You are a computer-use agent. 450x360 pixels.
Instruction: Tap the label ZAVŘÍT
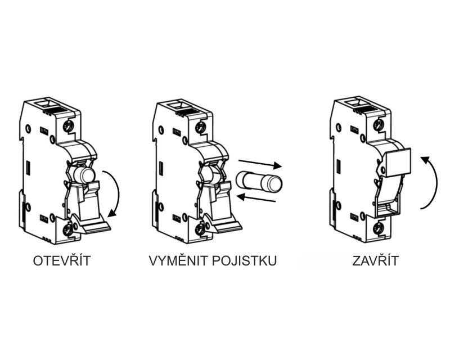coord(375,260)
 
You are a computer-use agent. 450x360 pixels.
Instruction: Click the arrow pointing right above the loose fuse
coord(260,163)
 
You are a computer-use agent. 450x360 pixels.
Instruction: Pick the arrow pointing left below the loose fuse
coord(257,198)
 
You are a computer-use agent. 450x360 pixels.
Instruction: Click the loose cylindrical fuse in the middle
coord(259,182)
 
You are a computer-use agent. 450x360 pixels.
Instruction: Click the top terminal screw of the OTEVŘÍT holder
coord(68,126)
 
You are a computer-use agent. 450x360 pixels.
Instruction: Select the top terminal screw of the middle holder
coord(200,126)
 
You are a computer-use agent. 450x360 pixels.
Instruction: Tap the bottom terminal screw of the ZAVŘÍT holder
coord(378,229)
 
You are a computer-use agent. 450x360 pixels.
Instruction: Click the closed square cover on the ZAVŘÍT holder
coord(399,162)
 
